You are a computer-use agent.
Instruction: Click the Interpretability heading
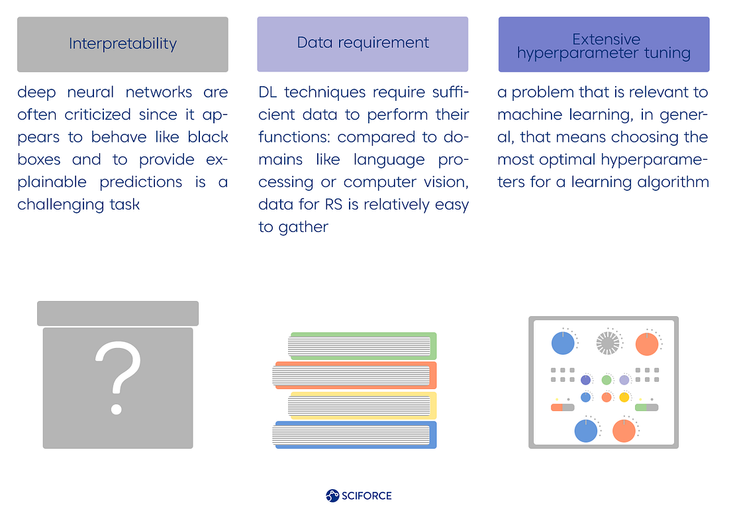click(x=122, y=44)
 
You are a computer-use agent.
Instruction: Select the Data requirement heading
click(x=363, y=43)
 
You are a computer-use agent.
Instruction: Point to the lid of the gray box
click(x=118, y=313)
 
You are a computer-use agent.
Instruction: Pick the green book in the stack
click(x=363, y=345)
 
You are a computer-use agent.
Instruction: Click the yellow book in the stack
click(x=363, y=404)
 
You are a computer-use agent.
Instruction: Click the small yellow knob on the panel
click(x=624, y=397)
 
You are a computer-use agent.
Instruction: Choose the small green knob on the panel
click(x=607, y=380)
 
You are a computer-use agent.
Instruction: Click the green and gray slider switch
click(x=646, y=407)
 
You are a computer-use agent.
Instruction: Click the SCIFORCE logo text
click(x=367, y=495)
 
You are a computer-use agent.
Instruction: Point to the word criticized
click(x=98, y=115)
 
